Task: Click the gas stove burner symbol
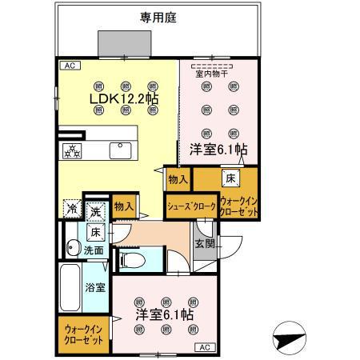tap(74, 150)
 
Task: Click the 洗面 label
tap(94, 250)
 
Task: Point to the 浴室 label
tap(95, 286)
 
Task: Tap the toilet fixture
tap(131, 258)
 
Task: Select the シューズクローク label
tap(190, 206)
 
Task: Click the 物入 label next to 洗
tap(123, 206)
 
